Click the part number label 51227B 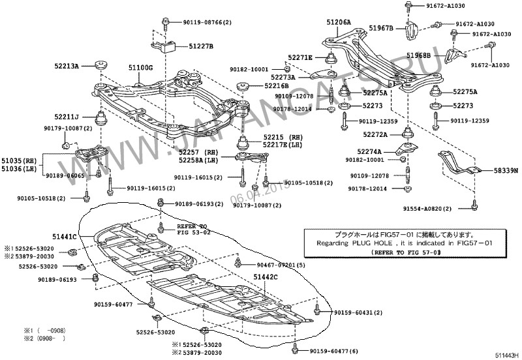[201, 46]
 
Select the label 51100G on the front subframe [140, 67]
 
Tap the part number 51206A [338, 22]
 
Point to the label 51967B [382, 28]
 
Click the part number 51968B [418, 56]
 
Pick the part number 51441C [65, 237]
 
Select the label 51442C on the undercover [266, 277]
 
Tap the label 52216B [277, 85]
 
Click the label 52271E [300, 57]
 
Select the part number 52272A [375, 134]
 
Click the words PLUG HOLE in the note [375, 242]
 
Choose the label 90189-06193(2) [197, 203]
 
